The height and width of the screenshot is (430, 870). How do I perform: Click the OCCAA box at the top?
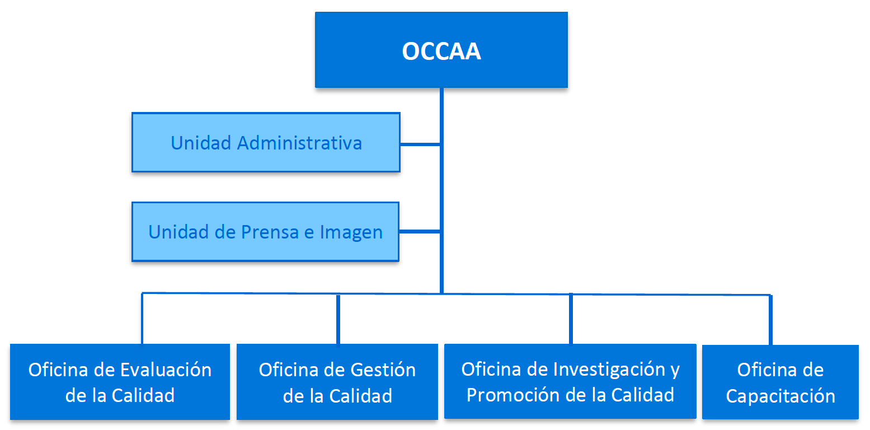pyautogui.click(x=441, y=50)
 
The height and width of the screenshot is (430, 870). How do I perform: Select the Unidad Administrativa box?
pyautogui.click(x=266, y=142)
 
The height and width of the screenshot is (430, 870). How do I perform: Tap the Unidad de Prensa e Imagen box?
pyautogui.click(x=265, y=232)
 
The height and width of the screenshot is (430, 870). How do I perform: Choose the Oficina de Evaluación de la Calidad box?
pyautogui.click(x=120, y=382)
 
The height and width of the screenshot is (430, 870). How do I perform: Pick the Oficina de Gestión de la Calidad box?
pyautogui.click(x=337, y=382)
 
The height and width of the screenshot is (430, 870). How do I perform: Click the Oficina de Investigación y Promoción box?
pyautogui.click(x=570, y=381)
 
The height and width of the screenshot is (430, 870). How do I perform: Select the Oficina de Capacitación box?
pyautogui.click(x=780, y=382)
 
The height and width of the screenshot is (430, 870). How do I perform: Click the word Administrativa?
pyautogui.click(x=299, y=143)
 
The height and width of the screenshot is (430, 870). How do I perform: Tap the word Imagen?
pyautogui.click(x=351, y=232)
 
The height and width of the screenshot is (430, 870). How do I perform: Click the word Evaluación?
pyautogui.click(x=166, y=370)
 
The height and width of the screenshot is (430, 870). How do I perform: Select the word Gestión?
pyautogui.click(x=383, y=370)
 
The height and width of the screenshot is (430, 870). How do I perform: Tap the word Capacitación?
pyautogui.click(x=780, y=396)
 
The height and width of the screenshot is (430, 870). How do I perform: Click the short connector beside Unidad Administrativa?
pyautogui.click(x=420, y=144)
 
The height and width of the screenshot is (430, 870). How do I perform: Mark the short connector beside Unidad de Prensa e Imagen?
pyautogui.click(x=420, y=231)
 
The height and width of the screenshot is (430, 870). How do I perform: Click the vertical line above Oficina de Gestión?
pyautogui.click(x=338, y=319)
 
